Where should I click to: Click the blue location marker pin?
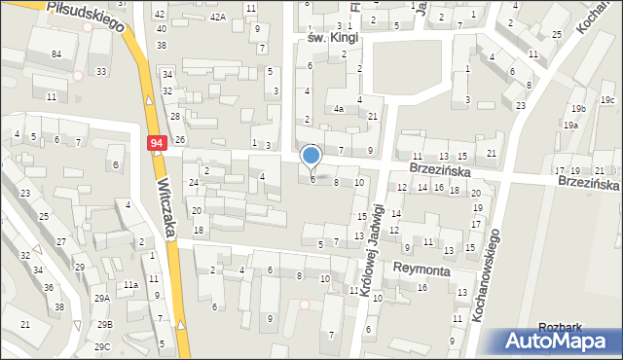311,156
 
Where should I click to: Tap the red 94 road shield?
157,143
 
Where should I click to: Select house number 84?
56,54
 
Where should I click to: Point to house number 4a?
339,110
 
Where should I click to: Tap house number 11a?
129,284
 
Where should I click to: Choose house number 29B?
102,324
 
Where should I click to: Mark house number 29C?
102,346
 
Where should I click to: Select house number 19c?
607,100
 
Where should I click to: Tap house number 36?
48,287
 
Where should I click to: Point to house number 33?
101,71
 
